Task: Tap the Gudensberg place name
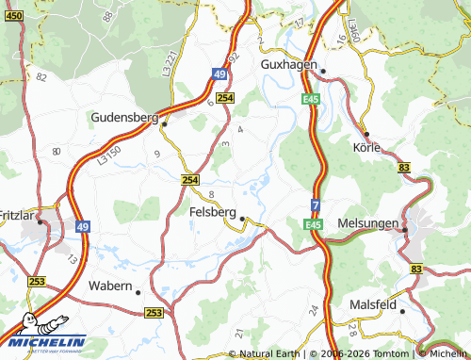[x=124, y=117]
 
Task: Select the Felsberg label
[x=212, y=212]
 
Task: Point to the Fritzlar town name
[x=18, y=215]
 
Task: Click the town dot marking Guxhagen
[x=323, y=71]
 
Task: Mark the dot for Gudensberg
[x=164, y=123]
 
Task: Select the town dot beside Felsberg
[x=242, y=219]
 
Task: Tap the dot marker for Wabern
[x=138, y=290]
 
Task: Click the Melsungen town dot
[x=404, y=229]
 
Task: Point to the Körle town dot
[x=365, y=134]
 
